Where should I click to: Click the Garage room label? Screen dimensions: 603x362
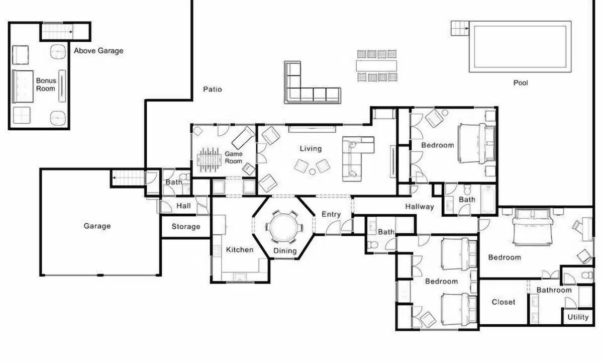(97, 226)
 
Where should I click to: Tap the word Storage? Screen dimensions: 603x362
(186, 227)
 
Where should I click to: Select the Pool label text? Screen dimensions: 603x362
(521, 82)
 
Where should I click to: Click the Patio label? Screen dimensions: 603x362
(213, 89)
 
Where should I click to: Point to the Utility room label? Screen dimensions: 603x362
(578, 317)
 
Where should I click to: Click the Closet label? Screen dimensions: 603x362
(504, 302)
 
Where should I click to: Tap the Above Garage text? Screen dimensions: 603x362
(98, 51)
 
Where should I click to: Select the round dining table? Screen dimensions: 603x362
(284, 228)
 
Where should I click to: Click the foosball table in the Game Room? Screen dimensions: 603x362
(209, 159)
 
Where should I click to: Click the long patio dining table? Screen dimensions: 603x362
(376, 66)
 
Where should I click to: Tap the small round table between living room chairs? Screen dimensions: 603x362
(312, 171)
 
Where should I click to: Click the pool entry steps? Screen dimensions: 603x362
(460, 28)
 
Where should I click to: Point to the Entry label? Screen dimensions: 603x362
(331, 214)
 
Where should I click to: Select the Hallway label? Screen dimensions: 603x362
(420, 207)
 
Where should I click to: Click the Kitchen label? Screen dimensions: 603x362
(240, 250)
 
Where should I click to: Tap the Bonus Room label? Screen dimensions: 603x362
(46, 84)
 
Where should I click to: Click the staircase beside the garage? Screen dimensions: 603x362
(128, 178)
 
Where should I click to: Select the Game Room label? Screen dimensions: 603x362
(233, 157)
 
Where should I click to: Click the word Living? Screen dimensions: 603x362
(311, 149)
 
